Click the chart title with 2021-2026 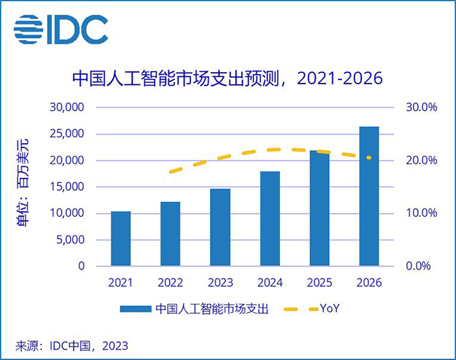[228, 78]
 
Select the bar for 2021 [121, 239]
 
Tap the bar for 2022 [170, 234]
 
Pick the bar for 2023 [220, 227]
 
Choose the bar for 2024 [269, 218]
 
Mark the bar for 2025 [319, 208]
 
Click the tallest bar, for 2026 [368, 196]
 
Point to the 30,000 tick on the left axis [66, 107]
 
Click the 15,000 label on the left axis [66, 187]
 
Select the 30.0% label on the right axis [422, 107]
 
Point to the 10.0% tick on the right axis [422, 213]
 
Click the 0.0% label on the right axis [424, 267]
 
